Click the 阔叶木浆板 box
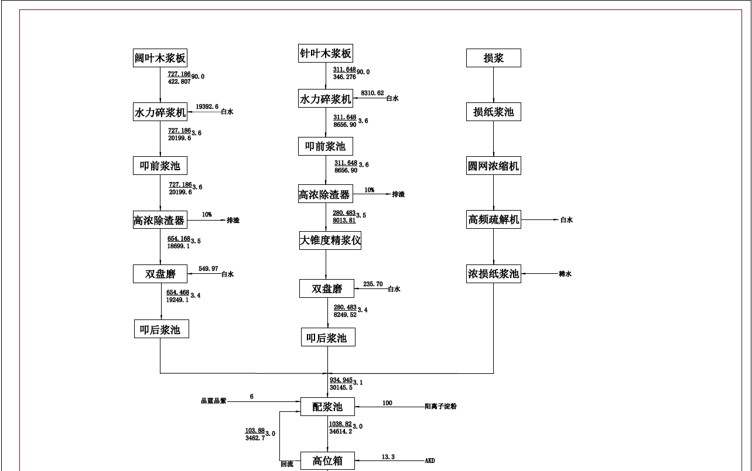160,58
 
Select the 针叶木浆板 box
326,53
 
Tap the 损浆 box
493,58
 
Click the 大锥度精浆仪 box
330,240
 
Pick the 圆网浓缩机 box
493,166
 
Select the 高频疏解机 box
493,220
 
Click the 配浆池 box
327,407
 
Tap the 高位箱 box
327,461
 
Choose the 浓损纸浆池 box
493,273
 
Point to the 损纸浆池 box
493,112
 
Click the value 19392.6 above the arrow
207,107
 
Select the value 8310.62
372,93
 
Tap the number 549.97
208,269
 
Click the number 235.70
372,284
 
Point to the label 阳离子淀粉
440,407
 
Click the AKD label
429,461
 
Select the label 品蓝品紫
213,401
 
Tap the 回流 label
286,464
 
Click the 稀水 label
565,274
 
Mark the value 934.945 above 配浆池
341,380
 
